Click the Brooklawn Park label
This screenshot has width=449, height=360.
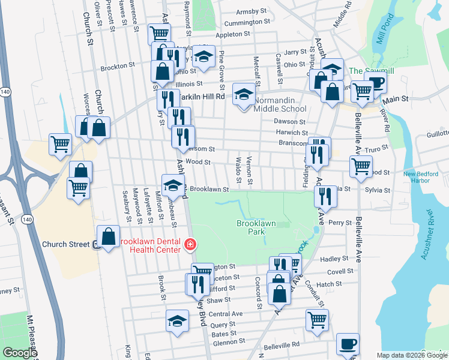256,227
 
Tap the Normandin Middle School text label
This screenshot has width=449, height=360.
280,104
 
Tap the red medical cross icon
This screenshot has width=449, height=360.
190,244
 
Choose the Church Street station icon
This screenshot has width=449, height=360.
95,244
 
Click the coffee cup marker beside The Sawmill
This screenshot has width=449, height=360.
376,83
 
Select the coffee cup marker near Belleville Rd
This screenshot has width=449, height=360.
348,344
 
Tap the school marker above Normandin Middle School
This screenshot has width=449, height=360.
244,94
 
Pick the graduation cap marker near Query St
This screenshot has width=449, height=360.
177,322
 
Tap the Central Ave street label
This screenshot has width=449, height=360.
226,314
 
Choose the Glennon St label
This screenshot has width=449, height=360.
226,343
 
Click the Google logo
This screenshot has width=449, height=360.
20,353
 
